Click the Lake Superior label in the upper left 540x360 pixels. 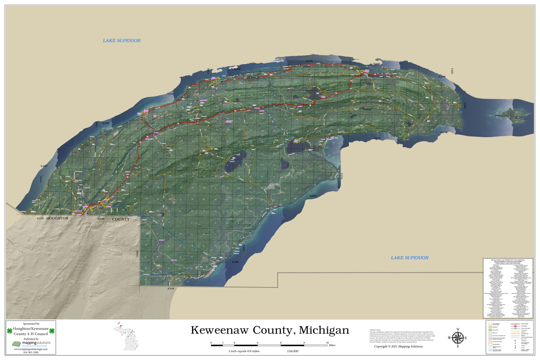pyautogui.click(x=121, y=41)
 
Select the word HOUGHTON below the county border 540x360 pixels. pyautogui.click(x=57, y=218)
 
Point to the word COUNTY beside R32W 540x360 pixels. pyautogui.click(x=121, y=219)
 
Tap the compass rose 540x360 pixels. pyautogui.click(x=457, y=338)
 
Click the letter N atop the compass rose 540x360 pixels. pyautogui.click(x=457, y=329)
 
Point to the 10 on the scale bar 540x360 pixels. pyautogui.click(x=327, y=342)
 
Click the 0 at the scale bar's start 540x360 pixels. pyautogui.click(x=211, y=342)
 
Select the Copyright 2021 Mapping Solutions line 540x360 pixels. pyautogui.click(x=392, y=346)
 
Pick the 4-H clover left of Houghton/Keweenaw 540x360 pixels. pyautogui.click(x=9, y=331)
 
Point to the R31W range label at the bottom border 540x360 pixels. pyautogui.click(x=171, y=289)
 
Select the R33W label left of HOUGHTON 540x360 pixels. pyautogui.click(x=40, y=218)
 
